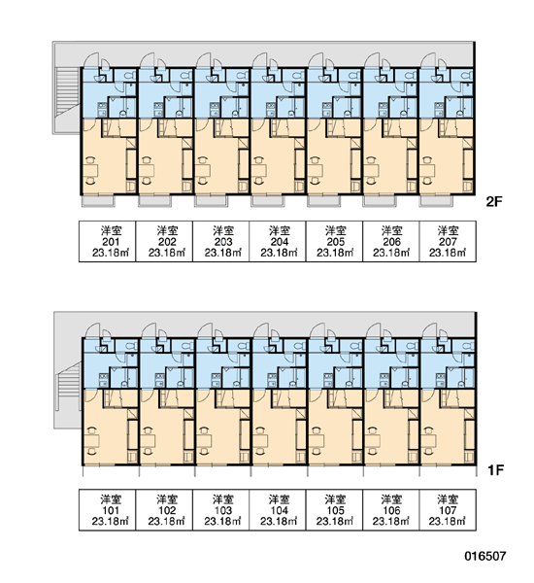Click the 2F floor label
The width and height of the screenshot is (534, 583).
494,201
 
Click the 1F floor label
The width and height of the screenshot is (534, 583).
495,470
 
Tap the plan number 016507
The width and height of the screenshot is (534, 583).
484,556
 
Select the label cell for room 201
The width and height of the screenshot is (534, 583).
108,241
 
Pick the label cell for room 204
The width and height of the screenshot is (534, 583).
278,241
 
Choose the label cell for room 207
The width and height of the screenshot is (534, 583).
448,241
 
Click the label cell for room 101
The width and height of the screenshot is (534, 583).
108,510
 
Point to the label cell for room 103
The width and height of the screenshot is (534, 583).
220,510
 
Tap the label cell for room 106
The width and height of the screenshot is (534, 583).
391,510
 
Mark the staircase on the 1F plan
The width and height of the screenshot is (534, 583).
68,387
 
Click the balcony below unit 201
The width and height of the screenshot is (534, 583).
98,201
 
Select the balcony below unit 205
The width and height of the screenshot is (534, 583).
323,201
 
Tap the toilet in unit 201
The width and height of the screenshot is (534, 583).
128,76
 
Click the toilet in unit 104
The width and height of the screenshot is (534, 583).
299,346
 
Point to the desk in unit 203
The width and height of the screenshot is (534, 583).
203,171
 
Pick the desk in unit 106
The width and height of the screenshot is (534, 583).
373,441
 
